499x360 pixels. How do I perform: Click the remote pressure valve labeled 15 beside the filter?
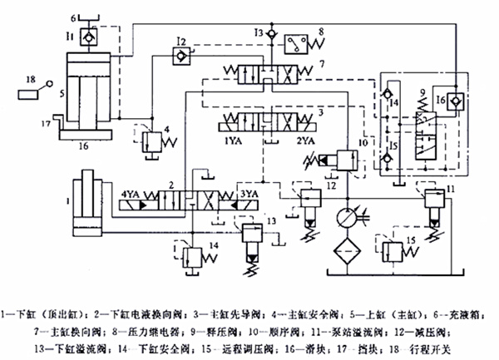point(398,249)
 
